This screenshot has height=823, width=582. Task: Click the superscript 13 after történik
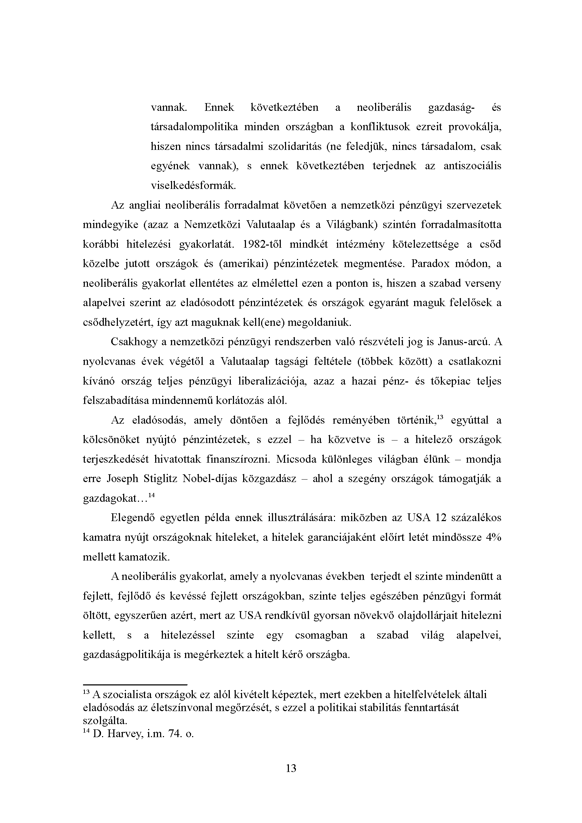[441, 417]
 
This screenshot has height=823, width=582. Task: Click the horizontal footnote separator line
[135, 684]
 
